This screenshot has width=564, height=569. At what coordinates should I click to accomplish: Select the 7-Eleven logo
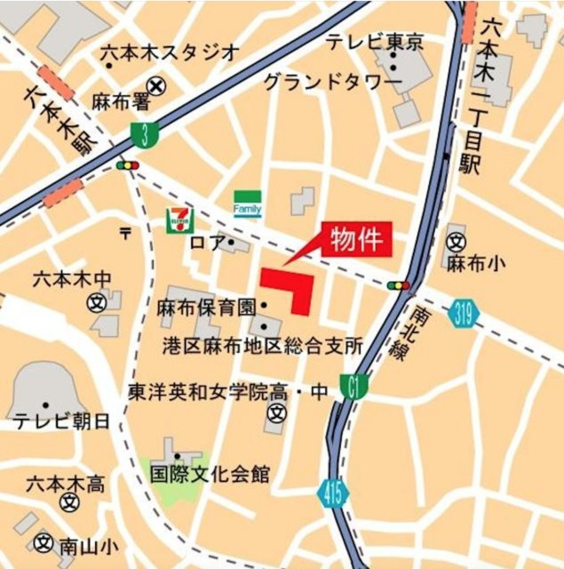[x=179, y=218]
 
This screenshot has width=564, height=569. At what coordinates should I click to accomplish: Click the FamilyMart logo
[x=247, y=205]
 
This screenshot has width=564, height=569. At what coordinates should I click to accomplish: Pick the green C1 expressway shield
[x=354, y=387]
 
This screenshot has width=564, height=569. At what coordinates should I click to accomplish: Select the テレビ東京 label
[x=374, y=41]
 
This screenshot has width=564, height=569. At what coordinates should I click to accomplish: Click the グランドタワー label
[x=332, y=83]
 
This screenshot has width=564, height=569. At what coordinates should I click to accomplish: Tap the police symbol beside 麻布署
[x=157, y=85]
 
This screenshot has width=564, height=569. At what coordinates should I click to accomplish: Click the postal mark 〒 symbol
[x=125, y=233]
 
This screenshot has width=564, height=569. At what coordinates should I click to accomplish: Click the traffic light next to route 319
[x=399, y=285]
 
